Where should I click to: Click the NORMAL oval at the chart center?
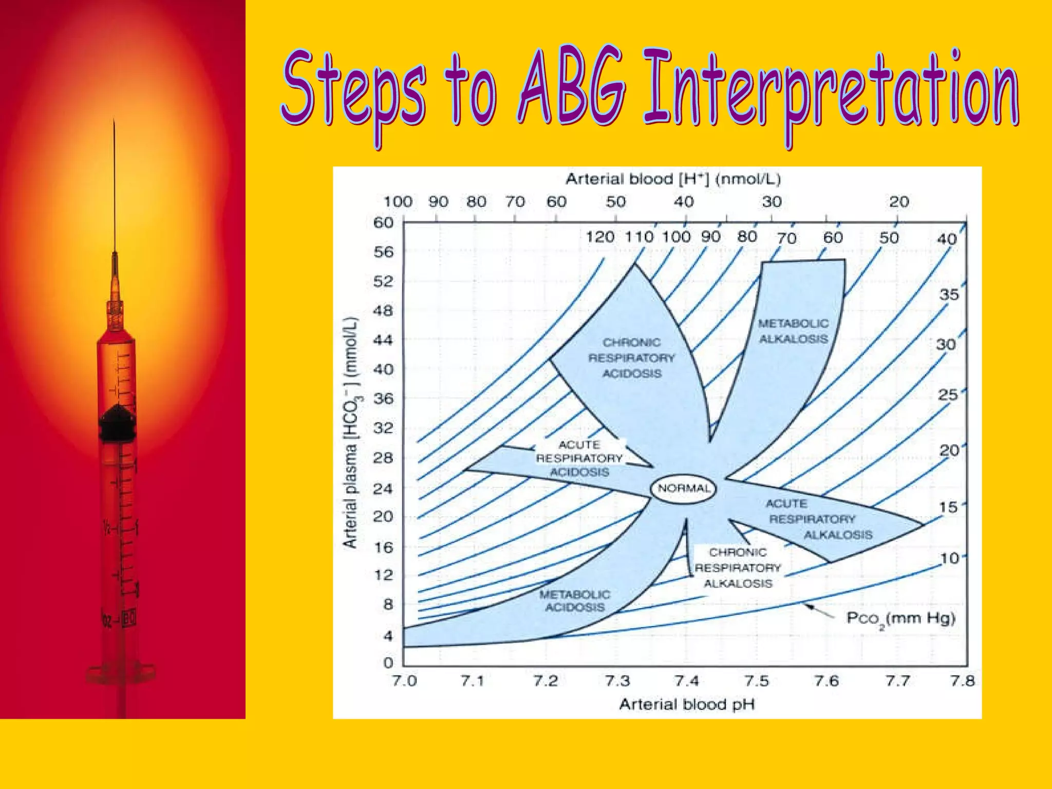(684, 488)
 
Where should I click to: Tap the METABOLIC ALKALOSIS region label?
(794, 331)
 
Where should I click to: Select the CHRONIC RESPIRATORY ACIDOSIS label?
(631, 358)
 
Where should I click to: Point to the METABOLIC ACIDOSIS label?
(575, 601)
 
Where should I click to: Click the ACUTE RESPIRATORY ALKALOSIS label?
(812, 519)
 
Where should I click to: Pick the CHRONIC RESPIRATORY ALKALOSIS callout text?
(738, 568)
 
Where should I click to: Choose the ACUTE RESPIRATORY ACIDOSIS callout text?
(579, 458)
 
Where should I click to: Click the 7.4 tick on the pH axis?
(687, 681)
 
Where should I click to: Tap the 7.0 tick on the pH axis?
(404, 681)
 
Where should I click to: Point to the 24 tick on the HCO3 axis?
(383, 488)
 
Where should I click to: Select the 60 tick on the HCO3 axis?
(383, 223)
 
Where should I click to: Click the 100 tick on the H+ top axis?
(398, 201)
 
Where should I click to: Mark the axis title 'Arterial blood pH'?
(687, 704)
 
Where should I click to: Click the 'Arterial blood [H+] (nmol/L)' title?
(673, 179)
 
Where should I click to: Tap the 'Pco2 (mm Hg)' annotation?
(900, 618)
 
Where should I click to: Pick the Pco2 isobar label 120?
(600, 237)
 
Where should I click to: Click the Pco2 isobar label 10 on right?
(949, 558)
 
